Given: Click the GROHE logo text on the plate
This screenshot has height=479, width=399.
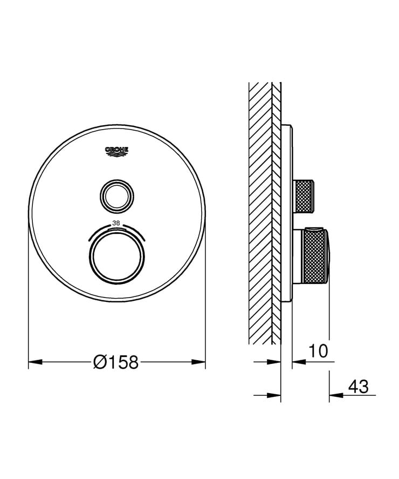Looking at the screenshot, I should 117,149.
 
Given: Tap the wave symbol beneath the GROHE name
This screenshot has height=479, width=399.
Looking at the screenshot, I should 117,156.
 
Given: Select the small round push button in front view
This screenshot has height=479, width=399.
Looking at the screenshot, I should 116,194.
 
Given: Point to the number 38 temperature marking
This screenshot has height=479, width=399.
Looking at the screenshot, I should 116,223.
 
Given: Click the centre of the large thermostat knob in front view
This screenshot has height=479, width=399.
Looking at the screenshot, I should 116,258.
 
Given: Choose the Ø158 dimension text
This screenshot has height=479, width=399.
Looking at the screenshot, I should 116,362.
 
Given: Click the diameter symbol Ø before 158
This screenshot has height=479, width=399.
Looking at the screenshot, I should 100,362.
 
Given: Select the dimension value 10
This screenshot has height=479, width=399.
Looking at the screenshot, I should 318,352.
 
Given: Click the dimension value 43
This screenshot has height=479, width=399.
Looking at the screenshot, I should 358,387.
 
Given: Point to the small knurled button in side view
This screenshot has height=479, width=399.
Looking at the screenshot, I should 303,196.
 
